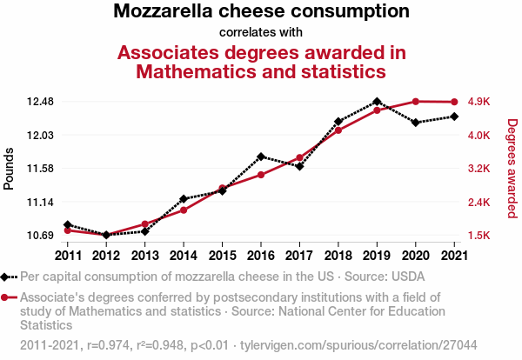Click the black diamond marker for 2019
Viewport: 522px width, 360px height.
tap(377, 102)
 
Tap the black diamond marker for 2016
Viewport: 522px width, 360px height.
tap(261, 157)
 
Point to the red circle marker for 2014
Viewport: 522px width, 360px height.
tap(184, 210)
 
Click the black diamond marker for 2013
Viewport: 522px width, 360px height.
tap(145, 231)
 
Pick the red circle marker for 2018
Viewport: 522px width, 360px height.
tap(338, 130)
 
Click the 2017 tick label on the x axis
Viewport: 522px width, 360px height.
tap(299, 255)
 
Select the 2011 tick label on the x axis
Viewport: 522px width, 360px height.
tap(68, 255)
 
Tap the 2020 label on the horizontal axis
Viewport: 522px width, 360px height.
tap(415, 255)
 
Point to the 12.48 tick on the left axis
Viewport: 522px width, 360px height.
tap(41, 102)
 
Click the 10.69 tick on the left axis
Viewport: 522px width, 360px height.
tap(41, 236)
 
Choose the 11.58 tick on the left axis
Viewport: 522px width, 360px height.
tap(41, 169)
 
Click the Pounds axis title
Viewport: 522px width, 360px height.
tap(10, 169)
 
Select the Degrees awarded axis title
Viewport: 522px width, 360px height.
tap(512, 169)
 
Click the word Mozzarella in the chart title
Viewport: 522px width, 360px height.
tap(167, 12)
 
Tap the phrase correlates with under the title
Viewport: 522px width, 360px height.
tap(261, 32)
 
